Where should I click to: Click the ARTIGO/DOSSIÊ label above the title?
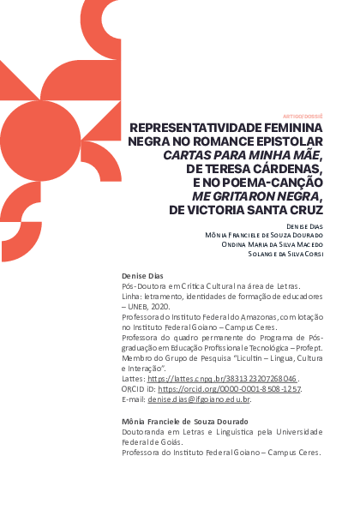(302, 114)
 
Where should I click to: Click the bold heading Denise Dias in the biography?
(142, 275)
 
